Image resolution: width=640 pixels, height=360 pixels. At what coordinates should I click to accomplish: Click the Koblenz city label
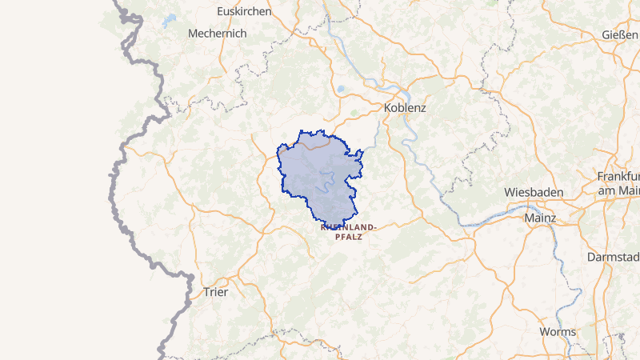pos(405,107)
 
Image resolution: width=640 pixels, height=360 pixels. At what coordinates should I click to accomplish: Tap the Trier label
pos(216,292)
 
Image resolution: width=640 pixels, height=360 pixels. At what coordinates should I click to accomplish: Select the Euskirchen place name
pos(244,12)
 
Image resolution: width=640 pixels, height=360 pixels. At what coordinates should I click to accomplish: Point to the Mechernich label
pos(217,34)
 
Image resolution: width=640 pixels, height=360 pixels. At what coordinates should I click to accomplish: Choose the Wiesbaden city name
pos(534,193)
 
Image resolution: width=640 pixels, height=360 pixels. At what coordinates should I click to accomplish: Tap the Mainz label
pos(539,217)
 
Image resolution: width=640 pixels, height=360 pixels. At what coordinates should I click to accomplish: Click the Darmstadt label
pos(614,258)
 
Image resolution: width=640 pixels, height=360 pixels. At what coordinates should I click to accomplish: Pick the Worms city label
pos(558,332)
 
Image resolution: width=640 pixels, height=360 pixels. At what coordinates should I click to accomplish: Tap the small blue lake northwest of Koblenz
pos(342,90)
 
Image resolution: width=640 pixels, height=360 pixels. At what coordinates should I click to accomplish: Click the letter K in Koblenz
pos(388,107)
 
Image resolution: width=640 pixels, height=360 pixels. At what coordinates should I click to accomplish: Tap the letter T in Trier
pos(206,292)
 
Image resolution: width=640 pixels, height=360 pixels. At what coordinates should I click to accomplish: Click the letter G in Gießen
pos(605,35)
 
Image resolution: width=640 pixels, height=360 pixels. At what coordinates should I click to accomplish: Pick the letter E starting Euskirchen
pos(221,12)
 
